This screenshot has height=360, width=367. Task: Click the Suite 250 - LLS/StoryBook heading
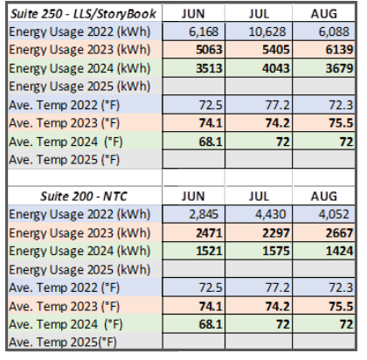(80, 15)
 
